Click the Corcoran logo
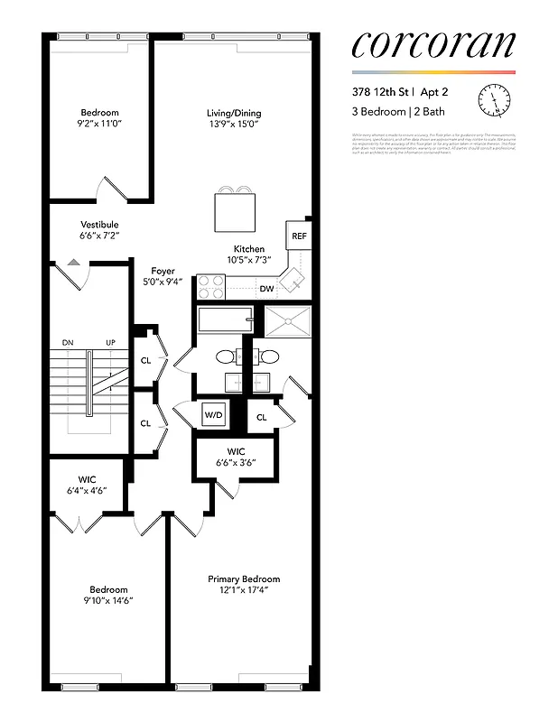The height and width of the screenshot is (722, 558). (432, 45)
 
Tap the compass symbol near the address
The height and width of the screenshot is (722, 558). (495, 98)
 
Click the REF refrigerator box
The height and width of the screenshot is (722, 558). (298, 236)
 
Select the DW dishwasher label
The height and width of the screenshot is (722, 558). (266, 289)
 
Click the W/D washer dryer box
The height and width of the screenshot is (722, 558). (214, 415)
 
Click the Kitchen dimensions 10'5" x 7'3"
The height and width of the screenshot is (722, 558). (250, 261)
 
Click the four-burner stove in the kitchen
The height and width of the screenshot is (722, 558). (211, 287)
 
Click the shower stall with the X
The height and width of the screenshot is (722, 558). (286, 319)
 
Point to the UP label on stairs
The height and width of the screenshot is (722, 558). (111, 343)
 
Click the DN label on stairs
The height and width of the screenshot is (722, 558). (68, 343)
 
